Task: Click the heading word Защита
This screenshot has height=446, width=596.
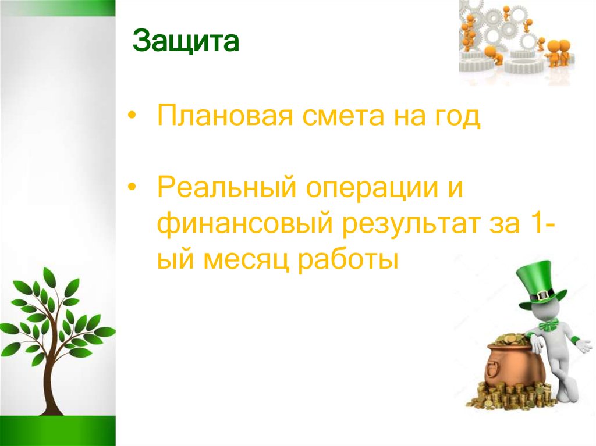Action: [186, 43]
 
